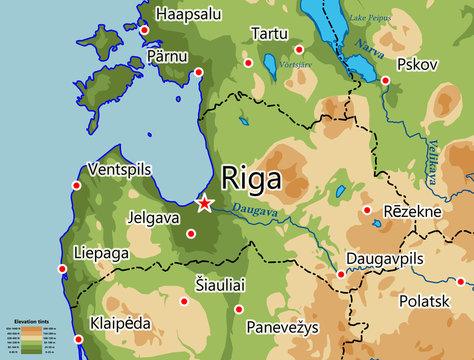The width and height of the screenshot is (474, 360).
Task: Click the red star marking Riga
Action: coord(204,204)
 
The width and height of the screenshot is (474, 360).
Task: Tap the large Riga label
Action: coord(250,180)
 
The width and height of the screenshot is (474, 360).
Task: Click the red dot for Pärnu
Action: coord(198,72)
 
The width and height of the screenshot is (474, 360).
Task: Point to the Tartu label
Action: coord(269,34)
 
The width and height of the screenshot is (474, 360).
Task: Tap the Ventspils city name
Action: coord(123,168)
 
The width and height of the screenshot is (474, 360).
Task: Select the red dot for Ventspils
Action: coord(77,185)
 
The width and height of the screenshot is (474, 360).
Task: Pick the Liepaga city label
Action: coord(101,254)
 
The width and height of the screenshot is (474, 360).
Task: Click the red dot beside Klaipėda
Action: coord(78,340)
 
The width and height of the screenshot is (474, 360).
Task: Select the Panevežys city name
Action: coord(284,328)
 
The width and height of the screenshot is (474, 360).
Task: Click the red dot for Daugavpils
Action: coord(341,274)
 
